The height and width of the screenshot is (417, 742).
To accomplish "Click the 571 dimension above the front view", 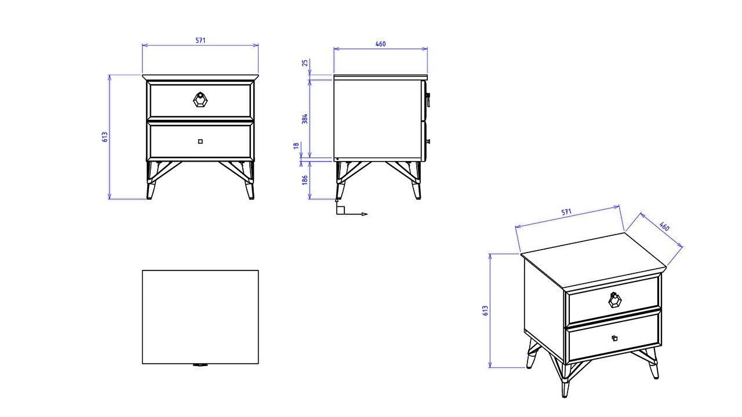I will click(x=200, y=41).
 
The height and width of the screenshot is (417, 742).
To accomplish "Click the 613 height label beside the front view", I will click(x=105, y=137).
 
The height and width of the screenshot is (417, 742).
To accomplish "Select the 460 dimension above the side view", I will click(x=380, y=44).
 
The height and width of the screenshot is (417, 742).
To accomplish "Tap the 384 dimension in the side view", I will click(x=305, y=119).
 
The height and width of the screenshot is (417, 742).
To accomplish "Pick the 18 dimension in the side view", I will click(x=296, y=146).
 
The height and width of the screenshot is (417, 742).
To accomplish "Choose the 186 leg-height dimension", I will click(x=305, y=180).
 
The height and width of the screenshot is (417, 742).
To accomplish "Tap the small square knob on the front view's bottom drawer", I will click(x=200, y=141).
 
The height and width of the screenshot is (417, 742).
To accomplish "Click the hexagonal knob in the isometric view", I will click(x=614, y=299).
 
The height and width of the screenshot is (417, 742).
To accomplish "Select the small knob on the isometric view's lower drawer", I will click(x=614, y=338).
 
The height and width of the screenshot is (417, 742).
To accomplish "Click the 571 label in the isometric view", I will click(x=566, y=213).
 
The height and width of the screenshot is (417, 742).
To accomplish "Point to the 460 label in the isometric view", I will click(x=664, y=226).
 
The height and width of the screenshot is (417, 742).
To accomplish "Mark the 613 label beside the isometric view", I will click(x=485, y=310).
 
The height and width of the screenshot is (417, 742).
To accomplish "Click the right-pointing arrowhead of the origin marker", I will click(x=365, y=214).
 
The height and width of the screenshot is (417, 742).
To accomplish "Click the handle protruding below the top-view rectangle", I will click(x=200, y=365).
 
